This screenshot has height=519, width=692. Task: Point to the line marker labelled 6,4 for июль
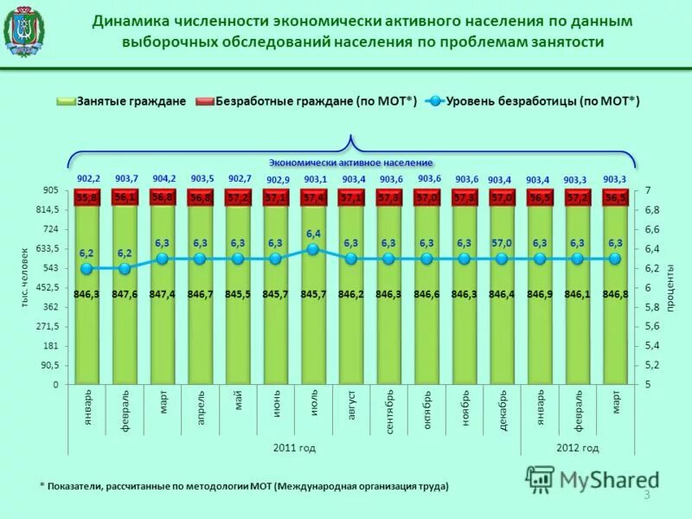tap(313, 249)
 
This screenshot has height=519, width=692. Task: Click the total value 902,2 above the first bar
tap(87, 177)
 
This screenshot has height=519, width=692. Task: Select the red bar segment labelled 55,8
tap(86, 198)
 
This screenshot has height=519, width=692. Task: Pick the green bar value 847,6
tap(124, 295)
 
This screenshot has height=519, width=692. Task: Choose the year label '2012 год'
tap(577, 447)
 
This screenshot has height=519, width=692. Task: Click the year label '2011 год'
tap(294, 447)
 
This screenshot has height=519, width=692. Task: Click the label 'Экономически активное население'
tap(350, 162)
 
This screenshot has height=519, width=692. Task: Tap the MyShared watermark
tap(593, 479)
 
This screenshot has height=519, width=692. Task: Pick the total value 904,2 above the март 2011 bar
tap(163, 177)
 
